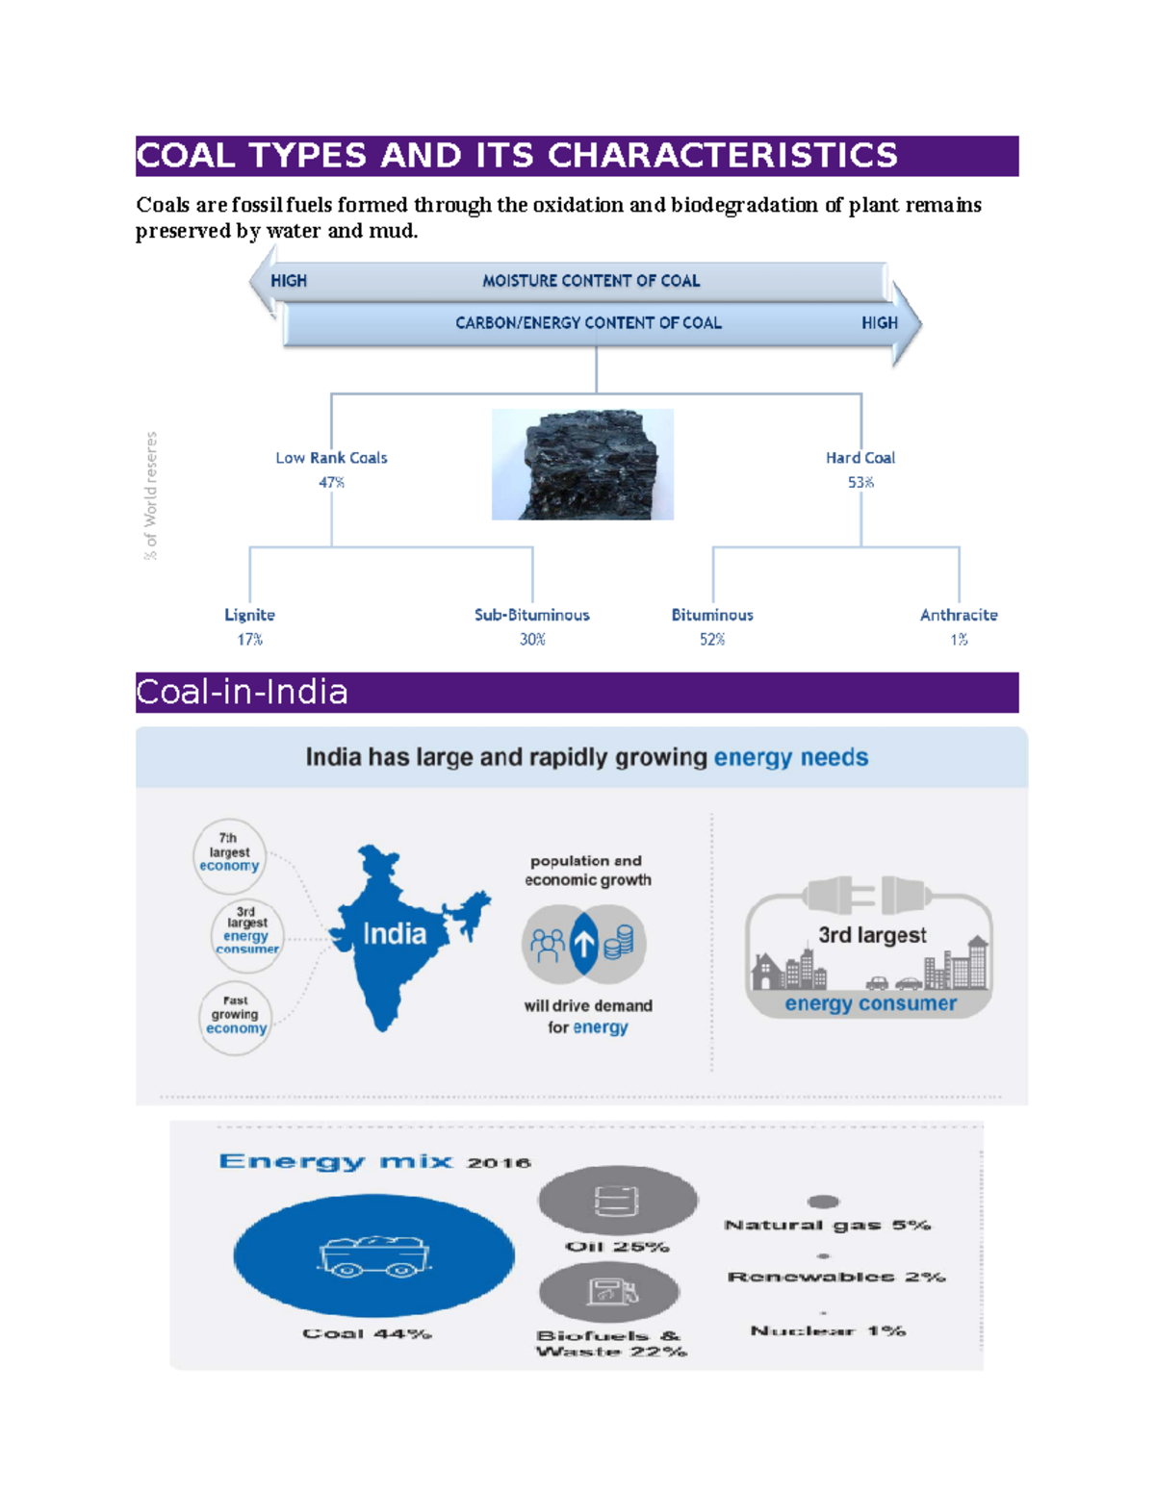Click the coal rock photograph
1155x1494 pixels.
point(582,465)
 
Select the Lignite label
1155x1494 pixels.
point(249,615)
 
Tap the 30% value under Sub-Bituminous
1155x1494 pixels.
point(532,640)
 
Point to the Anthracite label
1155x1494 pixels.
point(959,615)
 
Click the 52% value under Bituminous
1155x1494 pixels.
point(712,640)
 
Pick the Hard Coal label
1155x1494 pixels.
point(860,458)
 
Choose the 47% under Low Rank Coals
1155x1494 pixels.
point(331,482)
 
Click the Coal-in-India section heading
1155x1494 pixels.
point(243,692)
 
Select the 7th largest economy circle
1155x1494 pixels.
point(229,851)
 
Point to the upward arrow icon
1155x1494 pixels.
point(584,944)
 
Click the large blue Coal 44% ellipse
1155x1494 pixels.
point(373,1255)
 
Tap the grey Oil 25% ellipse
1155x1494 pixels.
point(617,1201)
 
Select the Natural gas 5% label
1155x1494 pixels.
point(827,1225)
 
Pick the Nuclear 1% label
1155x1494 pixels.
point(828,1330)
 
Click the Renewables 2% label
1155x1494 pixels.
point(835,1277)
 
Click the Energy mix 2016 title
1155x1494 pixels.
point(374,1161)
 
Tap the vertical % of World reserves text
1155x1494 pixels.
point(150,495)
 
